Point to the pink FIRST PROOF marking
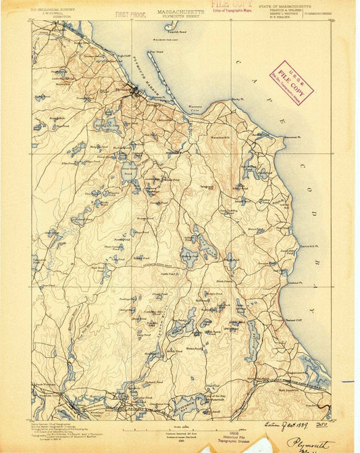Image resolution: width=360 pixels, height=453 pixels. (131, 14)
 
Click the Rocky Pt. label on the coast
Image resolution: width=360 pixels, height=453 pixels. (236, 100)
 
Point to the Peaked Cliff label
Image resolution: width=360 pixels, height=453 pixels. (294, 316)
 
